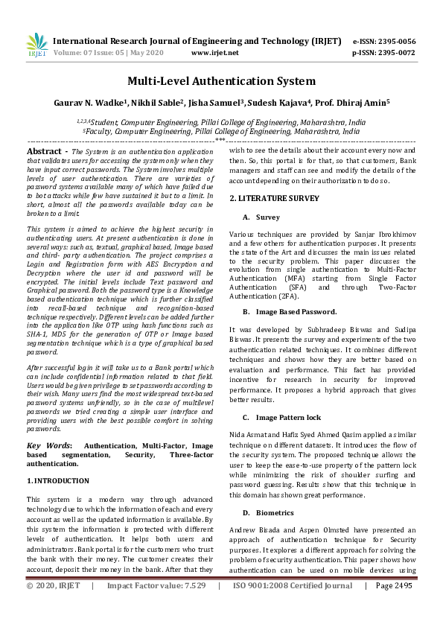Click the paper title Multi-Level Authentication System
click(221, 81)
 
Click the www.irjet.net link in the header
click(214, 53)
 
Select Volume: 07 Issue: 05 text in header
click(102, 53)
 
